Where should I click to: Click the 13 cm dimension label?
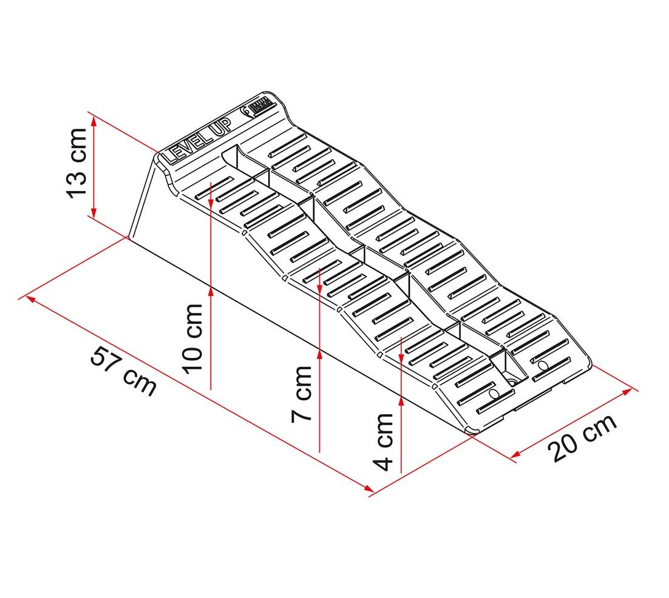[77, 163]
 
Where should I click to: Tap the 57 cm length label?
[124, 371]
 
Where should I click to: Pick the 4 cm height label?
[382, 441]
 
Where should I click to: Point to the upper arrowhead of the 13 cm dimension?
[94, 121]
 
